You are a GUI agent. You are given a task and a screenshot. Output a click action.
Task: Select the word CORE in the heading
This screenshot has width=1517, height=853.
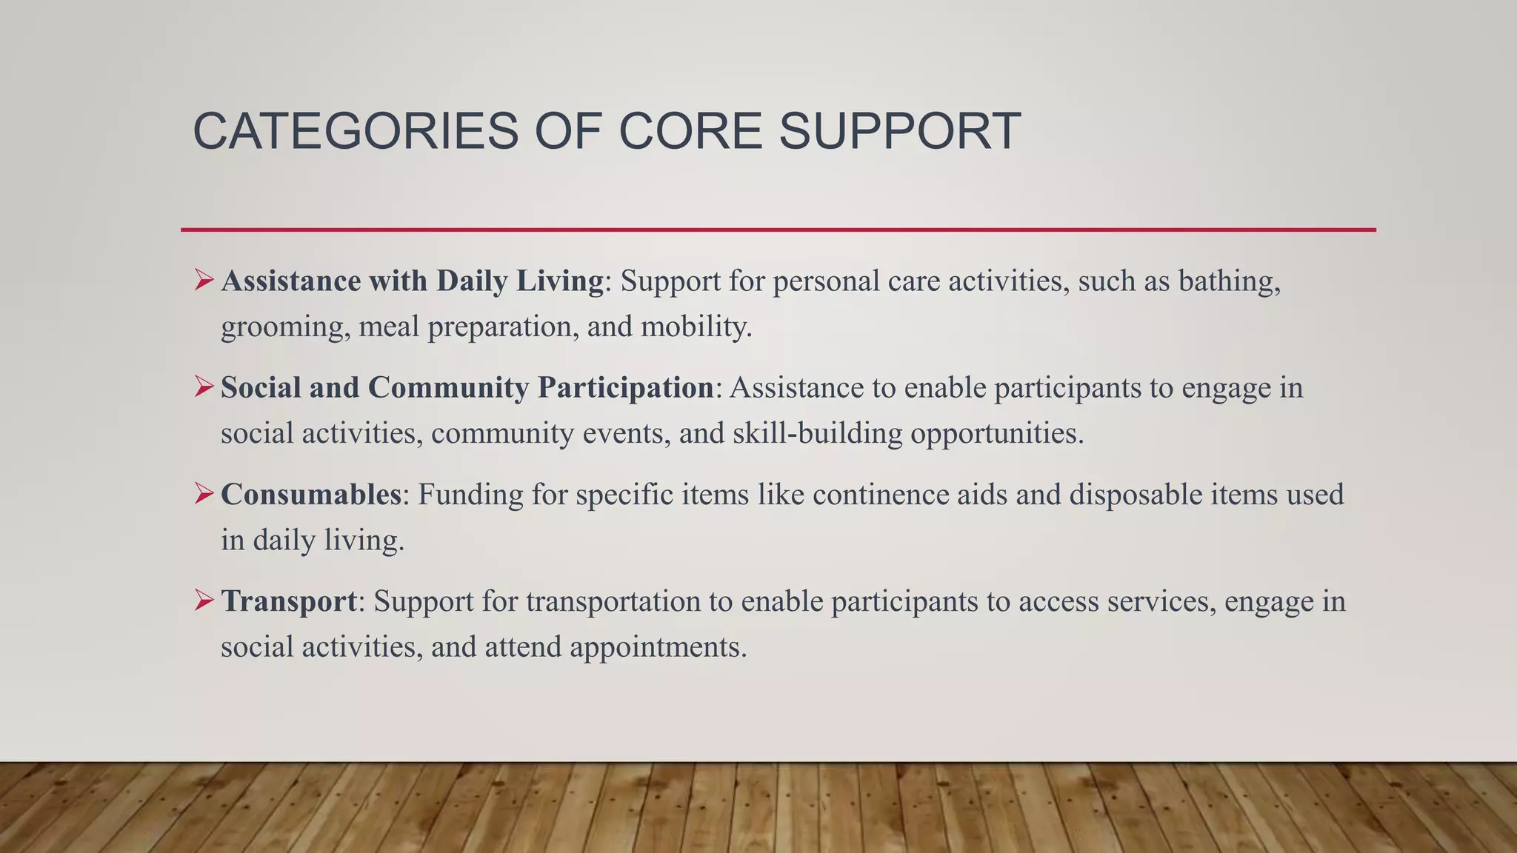pyautogui.click(x=690, y=132)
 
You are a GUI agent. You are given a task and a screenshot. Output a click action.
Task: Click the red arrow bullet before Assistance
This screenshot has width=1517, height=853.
pyautogui.click(x=204, y=281)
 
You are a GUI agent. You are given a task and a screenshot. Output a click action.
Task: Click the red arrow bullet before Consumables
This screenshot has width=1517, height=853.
pyautogui.click(x=204, y=494)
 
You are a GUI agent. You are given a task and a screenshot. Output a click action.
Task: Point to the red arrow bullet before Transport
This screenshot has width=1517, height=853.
pyautogui.click(x=204, y=601)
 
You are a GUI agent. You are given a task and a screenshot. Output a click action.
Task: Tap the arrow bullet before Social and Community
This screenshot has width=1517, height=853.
pyautogui.click(x=204, y=387)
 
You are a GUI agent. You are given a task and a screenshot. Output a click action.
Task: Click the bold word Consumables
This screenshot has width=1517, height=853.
pyautogui.click(x=311, y=495)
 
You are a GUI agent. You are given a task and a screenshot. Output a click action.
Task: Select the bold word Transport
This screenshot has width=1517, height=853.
pyautogui.click(x=289, y=601)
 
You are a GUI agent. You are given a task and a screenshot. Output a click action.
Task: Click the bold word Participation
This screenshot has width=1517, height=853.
pyautogui.click(x=626, y=388)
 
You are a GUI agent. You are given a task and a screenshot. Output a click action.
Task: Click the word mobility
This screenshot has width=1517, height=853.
pyautogui.click(x=696, y=327)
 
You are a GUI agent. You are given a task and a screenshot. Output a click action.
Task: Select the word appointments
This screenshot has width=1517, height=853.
pyautogui.click(x=658, y=647)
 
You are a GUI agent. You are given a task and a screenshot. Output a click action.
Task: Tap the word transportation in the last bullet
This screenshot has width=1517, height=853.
pyautogui.click(x=613, y=601)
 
